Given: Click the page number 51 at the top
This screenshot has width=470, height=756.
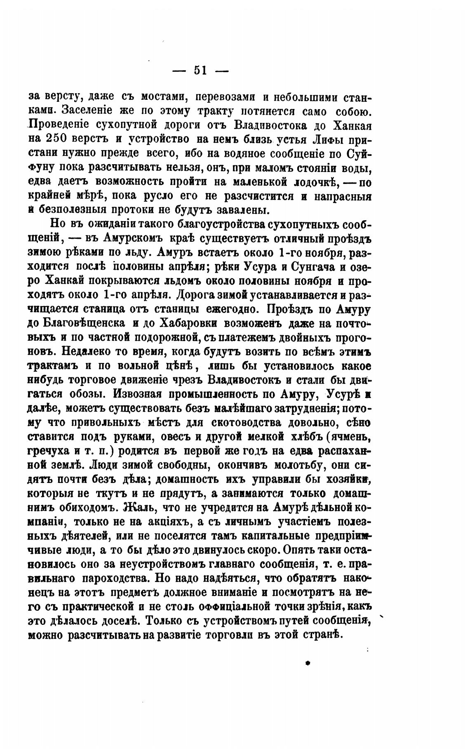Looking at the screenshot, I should pyautogui.click(x=200, y=71).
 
